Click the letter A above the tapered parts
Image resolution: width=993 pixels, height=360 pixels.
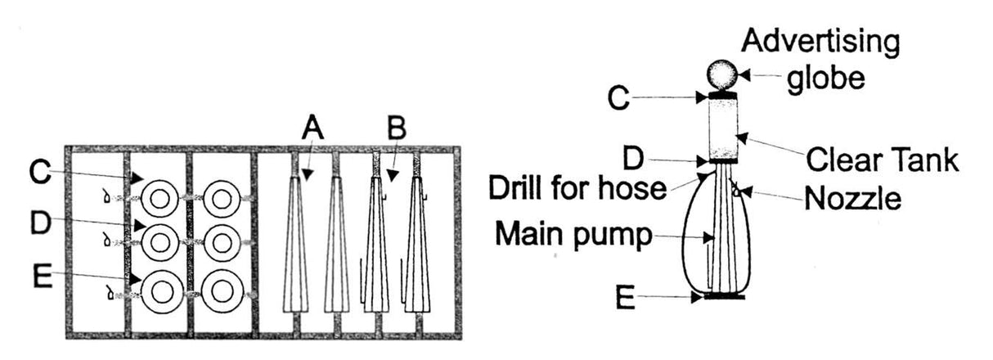(x=313, y=129)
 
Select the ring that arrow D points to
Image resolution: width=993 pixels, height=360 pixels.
(x=160, y=242)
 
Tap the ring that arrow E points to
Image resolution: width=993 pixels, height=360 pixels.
(x=160, y=290)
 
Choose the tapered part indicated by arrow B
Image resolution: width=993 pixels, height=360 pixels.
(x=376, y=245)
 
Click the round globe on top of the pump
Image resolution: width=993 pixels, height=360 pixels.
(x=723, y=75)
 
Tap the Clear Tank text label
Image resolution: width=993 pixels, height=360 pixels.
(x=881, y=160)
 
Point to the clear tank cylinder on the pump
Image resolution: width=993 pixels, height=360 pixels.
(x=723, y=127)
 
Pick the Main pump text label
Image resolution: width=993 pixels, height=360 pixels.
(x=575, y=237)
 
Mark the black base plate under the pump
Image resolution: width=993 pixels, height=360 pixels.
(x=723, y=296)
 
